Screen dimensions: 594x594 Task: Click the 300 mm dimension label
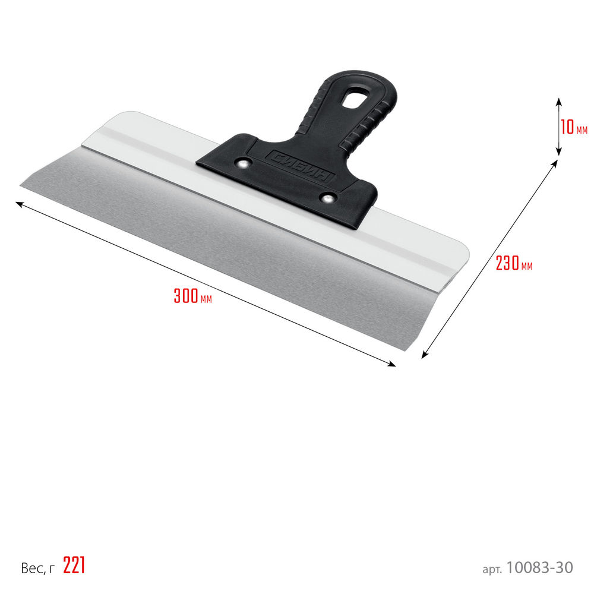pyautogui.click(x=192, y=296)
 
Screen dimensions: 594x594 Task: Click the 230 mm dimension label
pyautogui.click(x=514, y=263)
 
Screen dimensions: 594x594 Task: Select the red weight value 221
pyautogui.click(x=74, y=565)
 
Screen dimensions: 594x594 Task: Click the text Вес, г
pyautogui.click(x=38, y=567)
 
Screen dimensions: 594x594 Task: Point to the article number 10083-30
pyautogui.click(x=539, y=567)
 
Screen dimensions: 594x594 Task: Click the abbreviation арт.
pyautogui.click(x=492, y=569)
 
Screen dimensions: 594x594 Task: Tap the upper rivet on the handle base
pyautogui.click(x=244, y=163)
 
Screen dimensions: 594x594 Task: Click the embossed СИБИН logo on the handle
pyautogui.click(x=299, y=167)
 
